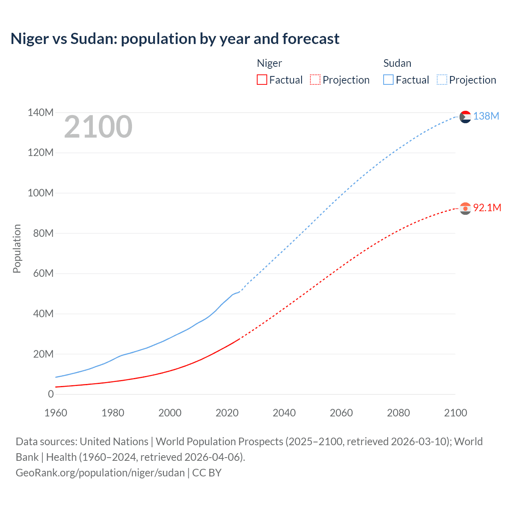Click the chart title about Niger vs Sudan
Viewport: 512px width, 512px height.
pyautogui.click(x=175, y=39)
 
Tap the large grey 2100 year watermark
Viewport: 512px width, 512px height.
pyautogui.click(x=98, y=127)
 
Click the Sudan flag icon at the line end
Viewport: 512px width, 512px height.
pyautogui.click(x=465, y=117)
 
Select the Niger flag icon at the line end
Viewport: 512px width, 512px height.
pyautogui.click(x=465, y=208)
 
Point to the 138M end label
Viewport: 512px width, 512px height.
pyautogui.click(x=486, y=116)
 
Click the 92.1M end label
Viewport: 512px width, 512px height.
pyautogui.click(x=487, y=208)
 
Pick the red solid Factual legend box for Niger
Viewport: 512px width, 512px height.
pyautogui.click(x=262, y=80)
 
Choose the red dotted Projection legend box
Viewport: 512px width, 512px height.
pyautogui.click(x=315, y=80)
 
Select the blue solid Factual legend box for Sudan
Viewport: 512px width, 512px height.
pyautogui.click(x=388, y=80)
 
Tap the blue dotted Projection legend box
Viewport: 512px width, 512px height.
pyautogui.click(x=442, y=80)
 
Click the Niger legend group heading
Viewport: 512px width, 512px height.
pyautogui.click(x=269, y=63)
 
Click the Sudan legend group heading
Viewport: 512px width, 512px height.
pyautogui.click(x=397, y=63)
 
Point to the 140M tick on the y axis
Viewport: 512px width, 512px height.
pyautogui.click(x=40, y=112)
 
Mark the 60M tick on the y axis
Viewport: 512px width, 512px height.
pyautogui.click(x=43, y=273)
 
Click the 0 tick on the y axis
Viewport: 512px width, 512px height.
pyautogui.click(x=51, y=394)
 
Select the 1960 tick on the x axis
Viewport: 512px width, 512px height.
pyautogui.click(x=56, y=413)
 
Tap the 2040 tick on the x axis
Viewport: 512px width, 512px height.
pyautogui.click(x=284, y=413)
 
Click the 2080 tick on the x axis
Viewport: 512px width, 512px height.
pyautogui.click(x=398, y=413)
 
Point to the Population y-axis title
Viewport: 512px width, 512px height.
pyautogui.click(x=17, y=248)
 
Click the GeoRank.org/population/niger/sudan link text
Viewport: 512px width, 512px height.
pyautogui.click(x=100, y=473)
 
